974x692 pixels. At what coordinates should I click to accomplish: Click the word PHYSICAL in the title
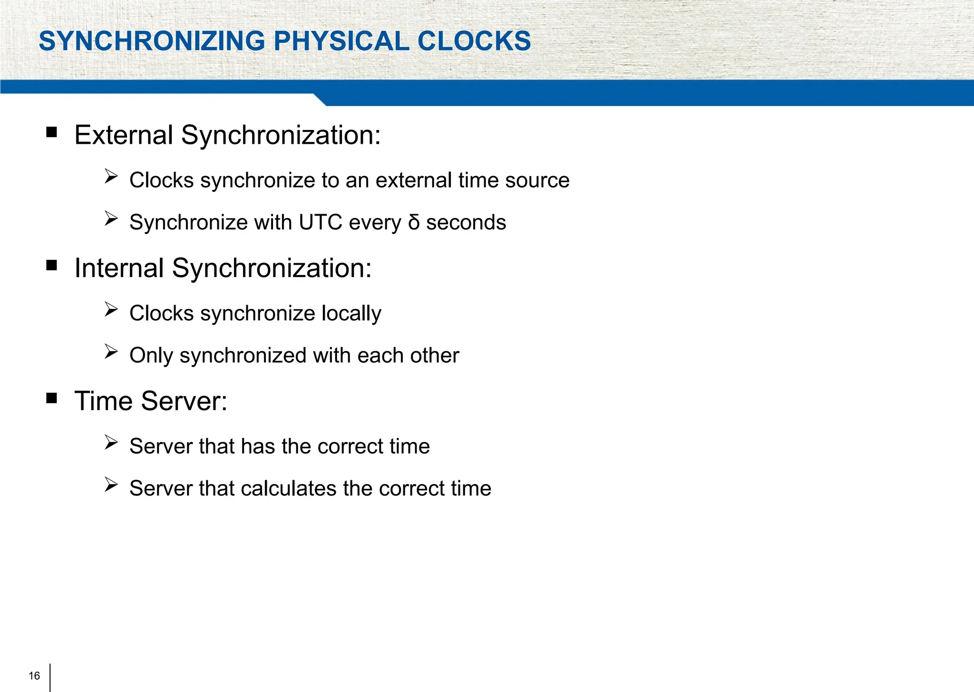click(341, 41)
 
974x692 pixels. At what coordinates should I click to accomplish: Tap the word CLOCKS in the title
click(474, 41)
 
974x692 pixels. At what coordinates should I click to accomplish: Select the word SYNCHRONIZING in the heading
click(152, 41)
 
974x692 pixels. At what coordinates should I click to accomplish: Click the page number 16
click(34, 676)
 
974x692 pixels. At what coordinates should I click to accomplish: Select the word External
click(124, 135)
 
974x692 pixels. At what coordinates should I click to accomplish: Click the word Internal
click(119, 268)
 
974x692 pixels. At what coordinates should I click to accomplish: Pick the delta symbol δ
click(414, 222)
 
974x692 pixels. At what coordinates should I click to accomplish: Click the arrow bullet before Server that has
click(111, 443)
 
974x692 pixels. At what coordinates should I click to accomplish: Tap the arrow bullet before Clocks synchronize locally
click(111, 309)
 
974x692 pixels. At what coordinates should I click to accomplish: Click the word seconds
click(466, 222)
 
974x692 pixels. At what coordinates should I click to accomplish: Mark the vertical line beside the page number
click(50, 677)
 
